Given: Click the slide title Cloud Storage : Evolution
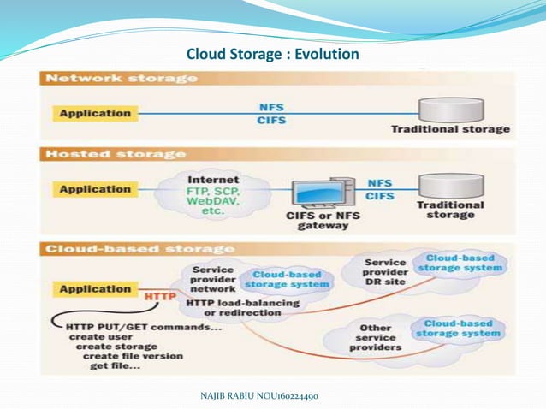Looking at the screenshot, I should [273, 56].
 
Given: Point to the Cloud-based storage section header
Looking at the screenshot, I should [139, 249].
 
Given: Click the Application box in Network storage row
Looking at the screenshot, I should [95, 113].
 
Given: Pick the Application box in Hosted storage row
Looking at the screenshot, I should [95, 189].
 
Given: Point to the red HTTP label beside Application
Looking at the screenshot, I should [160, 296].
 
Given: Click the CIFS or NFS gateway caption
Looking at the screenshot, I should [318, 221].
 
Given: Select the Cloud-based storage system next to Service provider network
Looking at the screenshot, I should [288, 279].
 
